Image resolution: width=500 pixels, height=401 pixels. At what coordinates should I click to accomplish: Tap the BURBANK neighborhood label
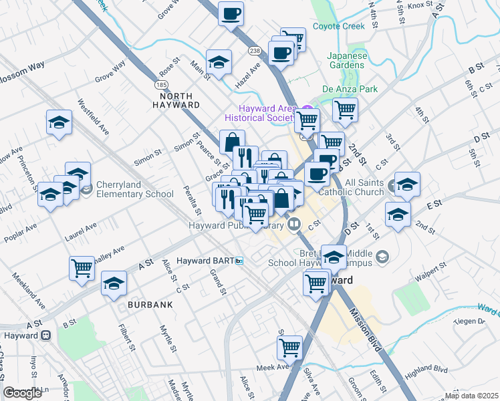150,304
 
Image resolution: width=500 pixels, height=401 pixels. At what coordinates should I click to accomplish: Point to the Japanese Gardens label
347,61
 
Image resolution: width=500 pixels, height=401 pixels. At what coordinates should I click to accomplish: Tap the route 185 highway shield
161,85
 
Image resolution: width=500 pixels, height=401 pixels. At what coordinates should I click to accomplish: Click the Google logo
22,392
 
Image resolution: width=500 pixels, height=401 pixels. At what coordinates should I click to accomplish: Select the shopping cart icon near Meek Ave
290,347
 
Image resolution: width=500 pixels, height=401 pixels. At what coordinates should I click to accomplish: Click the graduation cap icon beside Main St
219,63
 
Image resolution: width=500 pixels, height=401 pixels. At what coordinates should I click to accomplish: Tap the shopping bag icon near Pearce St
232,142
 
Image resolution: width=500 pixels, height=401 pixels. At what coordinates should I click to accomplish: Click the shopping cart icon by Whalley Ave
82,269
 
